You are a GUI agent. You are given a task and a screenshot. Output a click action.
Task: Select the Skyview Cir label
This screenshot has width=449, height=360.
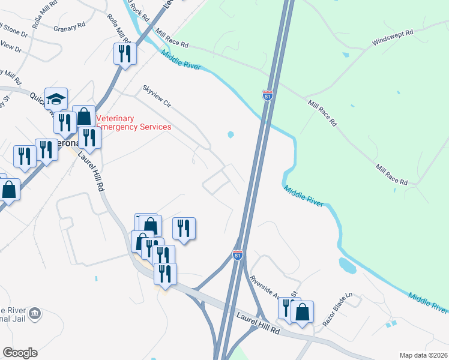pyautogui.click(x=157, y=97)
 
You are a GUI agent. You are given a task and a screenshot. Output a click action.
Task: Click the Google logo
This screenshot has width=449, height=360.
pyautogui.click(x=20, y=353)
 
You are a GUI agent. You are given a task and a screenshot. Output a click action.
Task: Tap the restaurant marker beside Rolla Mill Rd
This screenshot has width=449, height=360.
pyautogui.click(x=125, y=53)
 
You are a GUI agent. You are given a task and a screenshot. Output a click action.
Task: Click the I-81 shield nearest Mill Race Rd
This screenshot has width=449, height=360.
pyautogui.click(x=267, y=95)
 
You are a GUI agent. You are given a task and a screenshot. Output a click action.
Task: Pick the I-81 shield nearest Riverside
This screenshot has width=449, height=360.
pyautogui.click(x=238, y=255)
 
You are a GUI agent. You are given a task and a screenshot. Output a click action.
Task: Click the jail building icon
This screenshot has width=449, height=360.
pyautogui.click(x=35, y=313)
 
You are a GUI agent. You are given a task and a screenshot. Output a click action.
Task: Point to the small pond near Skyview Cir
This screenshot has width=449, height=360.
pyautogui.click(x=231, y=134)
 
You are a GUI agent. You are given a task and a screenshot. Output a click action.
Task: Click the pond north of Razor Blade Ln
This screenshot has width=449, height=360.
pyautogui.click(x=348, y=263)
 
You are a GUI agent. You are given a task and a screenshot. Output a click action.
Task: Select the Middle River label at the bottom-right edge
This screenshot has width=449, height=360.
pyautogui.click(x=427, y=302)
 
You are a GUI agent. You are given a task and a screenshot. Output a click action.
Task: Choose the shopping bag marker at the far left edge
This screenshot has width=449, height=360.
pyautogui.click(x=9, y=189)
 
